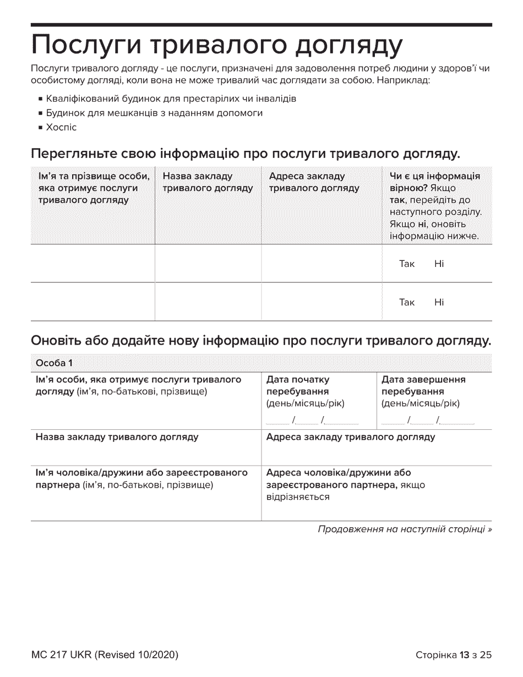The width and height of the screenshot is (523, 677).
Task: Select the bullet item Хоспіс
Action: [x=61, y=127]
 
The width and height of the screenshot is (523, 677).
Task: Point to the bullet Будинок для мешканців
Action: [x=154, y=113]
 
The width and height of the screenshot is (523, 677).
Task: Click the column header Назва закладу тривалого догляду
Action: [x=208, y=182]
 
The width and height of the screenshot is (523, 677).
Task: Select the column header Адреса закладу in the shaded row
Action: [x=314, y=182]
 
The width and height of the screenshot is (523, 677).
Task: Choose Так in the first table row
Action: [x=407, y=264]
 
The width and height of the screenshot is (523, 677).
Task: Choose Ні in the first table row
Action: [x=439, y=264]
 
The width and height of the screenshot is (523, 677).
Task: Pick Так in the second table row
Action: [x=407, y=302]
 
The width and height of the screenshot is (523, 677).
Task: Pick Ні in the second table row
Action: [x=439, y=302]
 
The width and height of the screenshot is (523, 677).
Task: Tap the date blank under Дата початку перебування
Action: [x=312, y=421]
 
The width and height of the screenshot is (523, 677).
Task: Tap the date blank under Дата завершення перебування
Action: [x=428, y=421]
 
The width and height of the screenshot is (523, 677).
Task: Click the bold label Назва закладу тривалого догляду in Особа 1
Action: [x=117, y=438]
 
